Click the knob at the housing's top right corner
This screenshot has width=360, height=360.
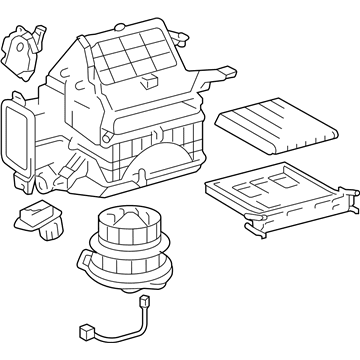tap(184, 38)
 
